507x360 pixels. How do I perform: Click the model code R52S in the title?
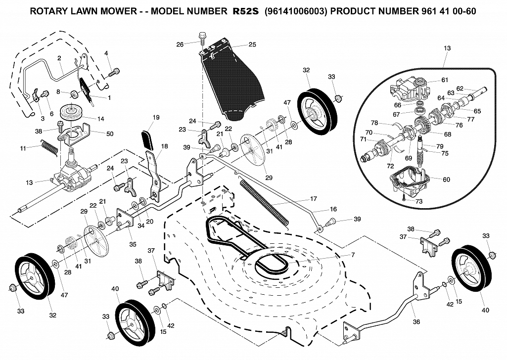pos(246,11)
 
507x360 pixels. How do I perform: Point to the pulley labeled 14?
pos(74,112)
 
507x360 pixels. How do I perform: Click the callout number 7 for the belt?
pos(353,255)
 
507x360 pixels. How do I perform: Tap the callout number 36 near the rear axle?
pos(416,322)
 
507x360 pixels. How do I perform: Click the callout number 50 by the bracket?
pos(110,134)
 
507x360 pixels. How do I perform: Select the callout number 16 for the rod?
pos(333,209)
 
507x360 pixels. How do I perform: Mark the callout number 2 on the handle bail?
pos(59,58)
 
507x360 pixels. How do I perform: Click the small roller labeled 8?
pos(75,94)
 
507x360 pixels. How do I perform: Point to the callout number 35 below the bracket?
pos(133,244)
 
